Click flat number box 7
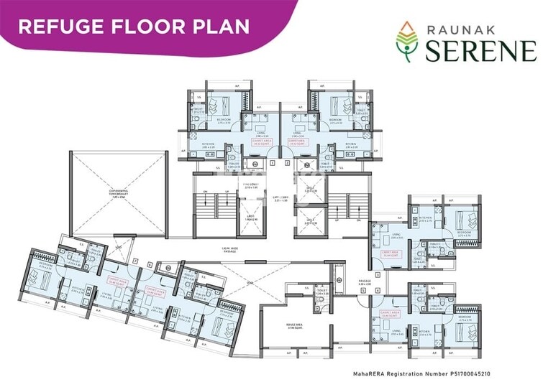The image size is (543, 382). tap(135, 261)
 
